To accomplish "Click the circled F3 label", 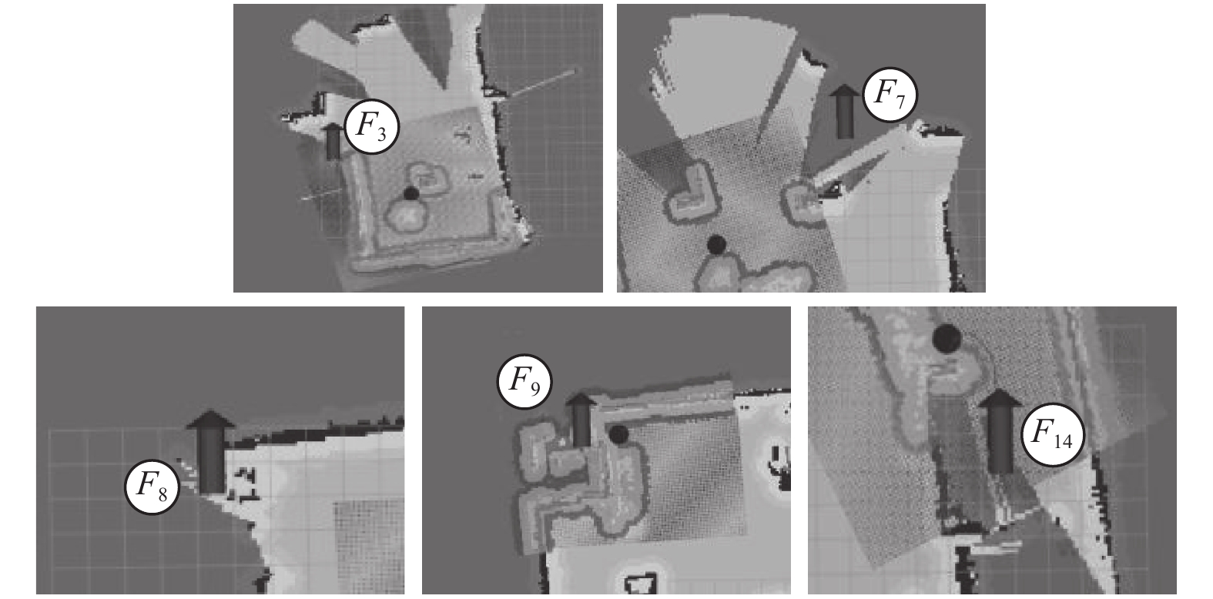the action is click(x=372, y=128).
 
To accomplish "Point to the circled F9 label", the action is click(x=524, y=383).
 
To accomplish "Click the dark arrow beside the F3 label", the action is click(x=333, y=142).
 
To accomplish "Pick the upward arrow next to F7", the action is click(x=845, y=112).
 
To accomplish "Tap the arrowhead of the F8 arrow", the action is click(x=211, y=420).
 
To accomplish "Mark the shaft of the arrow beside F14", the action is click(x=1000, y=440).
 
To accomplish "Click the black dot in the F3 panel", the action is click(x=411, y=194).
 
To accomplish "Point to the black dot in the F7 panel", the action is click(x=716, y=246).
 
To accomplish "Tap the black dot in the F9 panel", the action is click(x=618, y=433).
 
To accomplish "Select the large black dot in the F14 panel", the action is click(x=947, y=339).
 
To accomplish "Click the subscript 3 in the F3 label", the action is click(x=382, y=134).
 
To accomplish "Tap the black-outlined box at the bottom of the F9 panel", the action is click(x=644, y=584).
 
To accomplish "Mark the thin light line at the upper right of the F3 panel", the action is click(x=542, y=83).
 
